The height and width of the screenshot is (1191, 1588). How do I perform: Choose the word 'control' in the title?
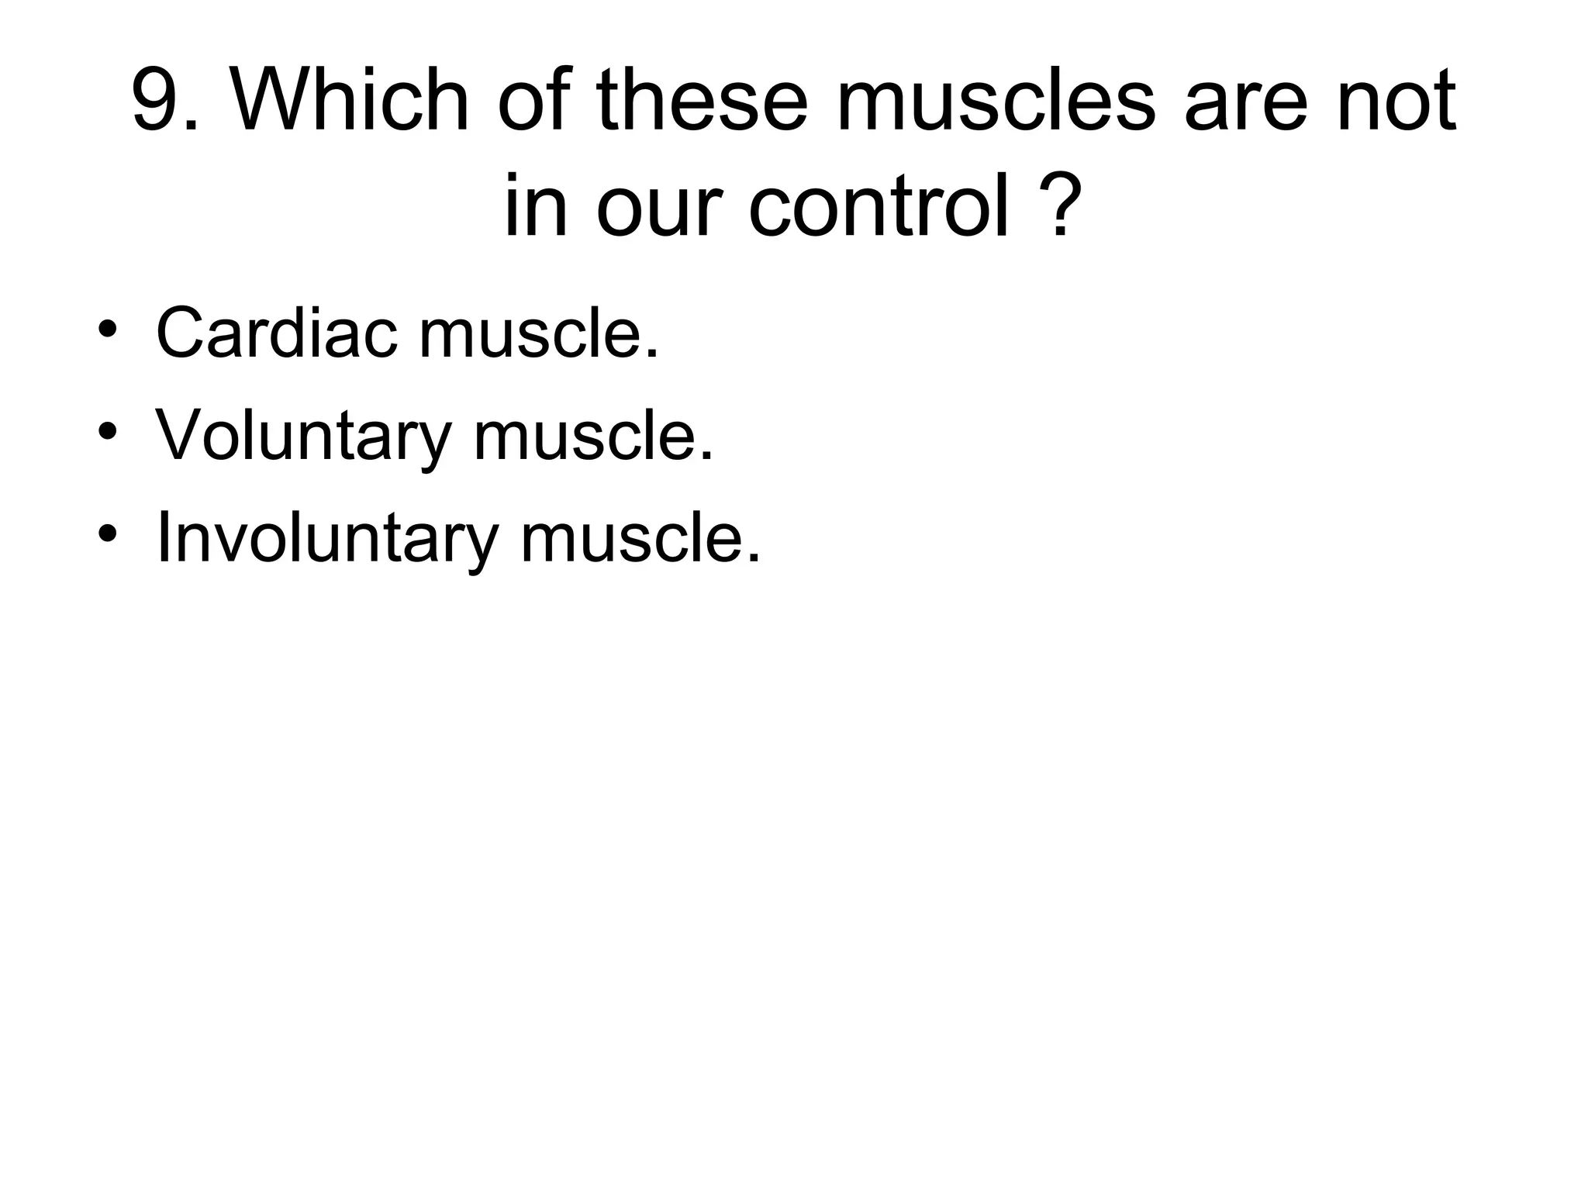(879, 206)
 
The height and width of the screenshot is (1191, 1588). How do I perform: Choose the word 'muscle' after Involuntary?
(639, 539)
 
